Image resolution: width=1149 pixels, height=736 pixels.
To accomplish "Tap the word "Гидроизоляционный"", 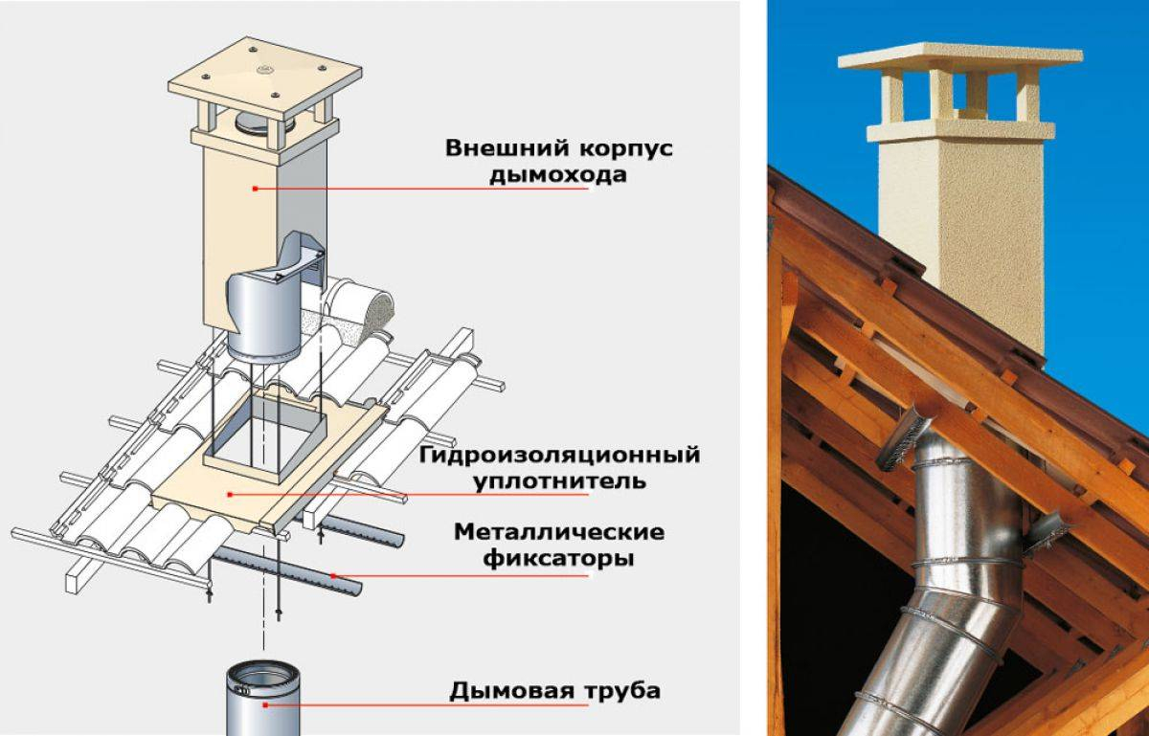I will [559, 454].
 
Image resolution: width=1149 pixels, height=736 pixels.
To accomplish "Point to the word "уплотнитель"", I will [558, 480].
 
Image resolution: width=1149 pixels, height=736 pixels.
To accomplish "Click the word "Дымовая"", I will [509, 690].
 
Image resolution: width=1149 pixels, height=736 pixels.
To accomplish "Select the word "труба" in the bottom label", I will [617, 690].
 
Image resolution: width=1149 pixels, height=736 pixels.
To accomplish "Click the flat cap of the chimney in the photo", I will [959, 57].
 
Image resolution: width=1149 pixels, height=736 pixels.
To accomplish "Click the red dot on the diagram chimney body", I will [255, 189].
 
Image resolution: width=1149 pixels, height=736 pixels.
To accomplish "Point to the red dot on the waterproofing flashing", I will [230, 494].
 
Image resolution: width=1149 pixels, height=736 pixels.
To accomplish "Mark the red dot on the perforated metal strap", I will [333, 576].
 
